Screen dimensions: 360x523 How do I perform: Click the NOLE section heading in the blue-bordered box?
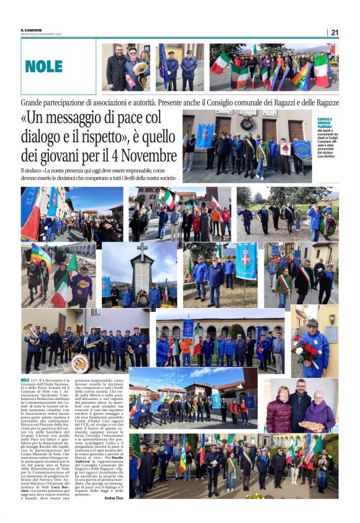pyautogui.click(x=43, y=66)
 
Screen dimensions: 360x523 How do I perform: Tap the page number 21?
pyautogui.click(x=335, y=32)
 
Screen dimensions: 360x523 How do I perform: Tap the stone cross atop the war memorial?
pyautogui.click(x=142, y=249)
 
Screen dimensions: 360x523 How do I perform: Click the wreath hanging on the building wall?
pyautogui.click(x=248, y=121)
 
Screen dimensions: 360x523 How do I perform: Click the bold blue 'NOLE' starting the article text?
pyautogui.click(x=25, y=380)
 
